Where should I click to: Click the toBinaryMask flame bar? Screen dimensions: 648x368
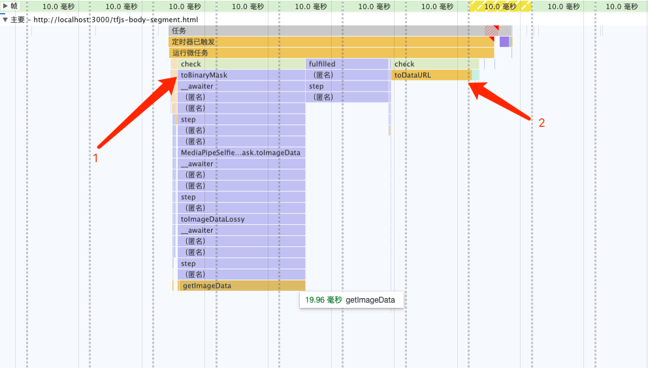coord(241,75)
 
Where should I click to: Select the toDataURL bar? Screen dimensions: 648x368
coord(431,75)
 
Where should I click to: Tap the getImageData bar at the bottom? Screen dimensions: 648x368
coord(242,286)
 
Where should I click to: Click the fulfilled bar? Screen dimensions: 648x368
coord(347,64)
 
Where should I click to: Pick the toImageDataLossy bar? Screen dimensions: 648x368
coord(241,219)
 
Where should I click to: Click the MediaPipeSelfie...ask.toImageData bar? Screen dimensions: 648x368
coord(241,152)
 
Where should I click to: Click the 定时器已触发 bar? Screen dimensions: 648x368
coord(331,42)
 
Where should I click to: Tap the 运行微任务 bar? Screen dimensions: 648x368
coord(331,53)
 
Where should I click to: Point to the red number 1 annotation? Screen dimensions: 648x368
coord(95,158)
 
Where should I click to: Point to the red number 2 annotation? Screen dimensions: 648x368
coord(542,123)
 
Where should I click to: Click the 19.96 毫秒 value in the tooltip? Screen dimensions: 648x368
coord(323,300)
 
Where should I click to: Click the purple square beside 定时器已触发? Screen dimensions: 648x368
coord(504,42)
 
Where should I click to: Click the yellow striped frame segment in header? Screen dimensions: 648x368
coord(500,6)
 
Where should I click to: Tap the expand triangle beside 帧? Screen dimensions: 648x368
coord(5,6)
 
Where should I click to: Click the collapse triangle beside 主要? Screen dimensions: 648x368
coord(5,20)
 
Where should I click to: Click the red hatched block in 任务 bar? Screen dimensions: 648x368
coord(491,31)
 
